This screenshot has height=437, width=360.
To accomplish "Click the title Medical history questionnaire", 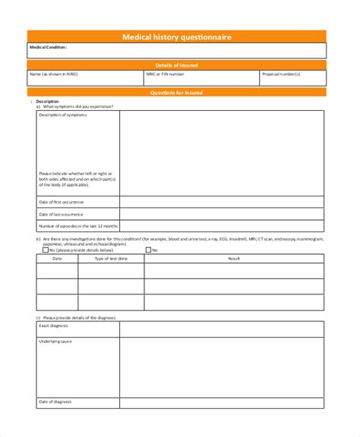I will tap(177, 36).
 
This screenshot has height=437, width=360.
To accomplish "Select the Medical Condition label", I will tap(48, 47).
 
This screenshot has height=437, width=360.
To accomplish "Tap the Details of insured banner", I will tap(177, 66).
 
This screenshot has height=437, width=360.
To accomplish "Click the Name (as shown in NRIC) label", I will tap(55, 74).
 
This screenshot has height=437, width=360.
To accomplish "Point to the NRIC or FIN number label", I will tap(165, 74).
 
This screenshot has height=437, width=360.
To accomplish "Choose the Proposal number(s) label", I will tap(280, 74).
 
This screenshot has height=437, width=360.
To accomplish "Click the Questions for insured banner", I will tap(177, 93).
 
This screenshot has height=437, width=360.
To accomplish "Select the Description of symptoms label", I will tap(63, 115).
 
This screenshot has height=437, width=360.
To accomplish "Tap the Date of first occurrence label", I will tap(62, 203).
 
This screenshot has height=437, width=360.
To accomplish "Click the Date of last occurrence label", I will tap(62, 214).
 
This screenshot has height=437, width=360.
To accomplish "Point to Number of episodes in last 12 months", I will tap(78, 225).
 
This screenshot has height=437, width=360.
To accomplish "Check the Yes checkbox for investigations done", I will tap(46, 249).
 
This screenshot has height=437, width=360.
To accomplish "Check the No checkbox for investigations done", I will tap(149, 249).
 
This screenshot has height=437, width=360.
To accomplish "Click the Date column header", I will tap(57, 259).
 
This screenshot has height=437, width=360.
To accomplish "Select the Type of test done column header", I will tap(111, 259).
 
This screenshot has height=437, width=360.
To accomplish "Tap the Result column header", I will tap(234, 259).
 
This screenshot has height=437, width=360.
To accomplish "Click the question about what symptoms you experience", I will tap(78, 106).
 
